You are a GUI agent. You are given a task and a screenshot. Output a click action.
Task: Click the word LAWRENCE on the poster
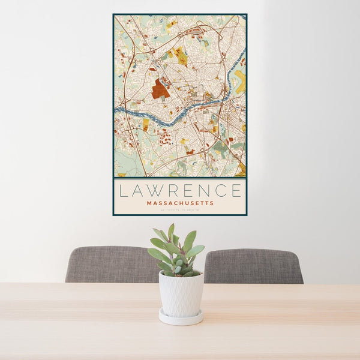180,191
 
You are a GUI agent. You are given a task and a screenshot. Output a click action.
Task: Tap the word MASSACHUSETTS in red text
180,203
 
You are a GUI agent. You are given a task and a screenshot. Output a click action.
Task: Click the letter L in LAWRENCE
122,191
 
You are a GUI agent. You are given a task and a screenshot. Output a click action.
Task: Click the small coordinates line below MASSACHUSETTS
180,210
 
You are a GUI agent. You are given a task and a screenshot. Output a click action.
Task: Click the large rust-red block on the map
160,90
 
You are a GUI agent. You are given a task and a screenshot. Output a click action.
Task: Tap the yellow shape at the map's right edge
241,81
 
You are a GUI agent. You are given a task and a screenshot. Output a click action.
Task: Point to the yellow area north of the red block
181,57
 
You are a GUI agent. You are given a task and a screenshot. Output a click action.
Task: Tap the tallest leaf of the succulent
171,232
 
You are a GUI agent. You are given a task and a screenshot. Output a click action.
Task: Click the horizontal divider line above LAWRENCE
180,178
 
